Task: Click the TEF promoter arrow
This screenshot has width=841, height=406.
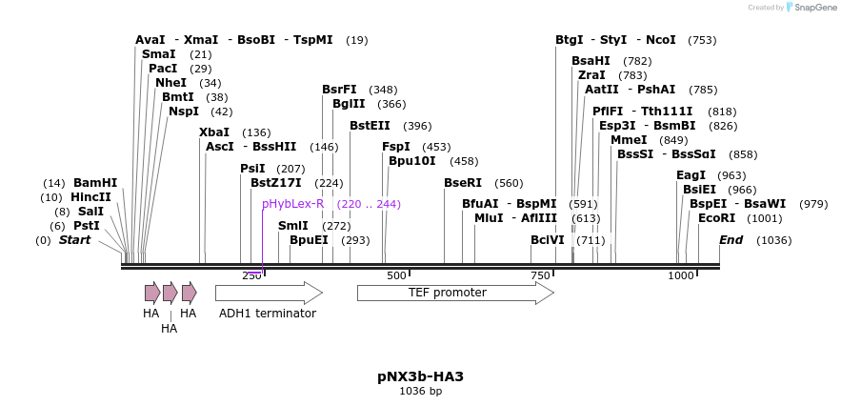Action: (455, 294)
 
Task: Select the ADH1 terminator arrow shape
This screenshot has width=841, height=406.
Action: (269, 294)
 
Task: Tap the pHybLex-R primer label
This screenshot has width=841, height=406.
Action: (292, 204)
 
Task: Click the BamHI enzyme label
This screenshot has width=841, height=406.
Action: (95, 183)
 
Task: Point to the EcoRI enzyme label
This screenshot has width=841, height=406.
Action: (716, 218)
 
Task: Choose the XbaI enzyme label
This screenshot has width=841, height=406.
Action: (214, 132)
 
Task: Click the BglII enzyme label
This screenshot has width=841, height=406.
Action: (349, 104)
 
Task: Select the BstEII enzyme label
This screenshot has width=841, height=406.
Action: (370, 125)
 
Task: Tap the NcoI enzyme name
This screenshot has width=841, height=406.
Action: (661, 39)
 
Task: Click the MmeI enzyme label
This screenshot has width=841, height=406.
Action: (629, 140)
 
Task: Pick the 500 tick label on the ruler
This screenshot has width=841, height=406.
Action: (396, 275)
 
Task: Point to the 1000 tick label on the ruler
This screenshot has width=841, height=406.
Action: (681, 275)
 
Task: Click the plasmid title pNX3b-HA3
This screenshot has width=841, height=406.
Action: (421, 376)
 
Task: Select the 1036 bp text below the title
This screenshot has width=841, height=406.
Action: (421, 391)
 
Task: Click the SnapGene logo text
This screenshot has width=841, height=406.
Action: (815, 7)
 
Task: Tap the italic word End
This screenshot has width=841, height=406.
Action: (731, 239)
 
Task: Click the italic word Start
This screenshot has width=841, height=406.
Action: (74, 239)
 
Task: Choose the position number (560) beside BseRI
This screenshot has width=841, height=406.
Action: (509, 183)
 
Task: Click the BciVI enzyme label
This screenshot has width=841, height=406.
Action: (548, 239)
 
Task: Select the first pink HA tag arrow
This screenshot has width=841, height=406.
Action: (152, 293)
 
